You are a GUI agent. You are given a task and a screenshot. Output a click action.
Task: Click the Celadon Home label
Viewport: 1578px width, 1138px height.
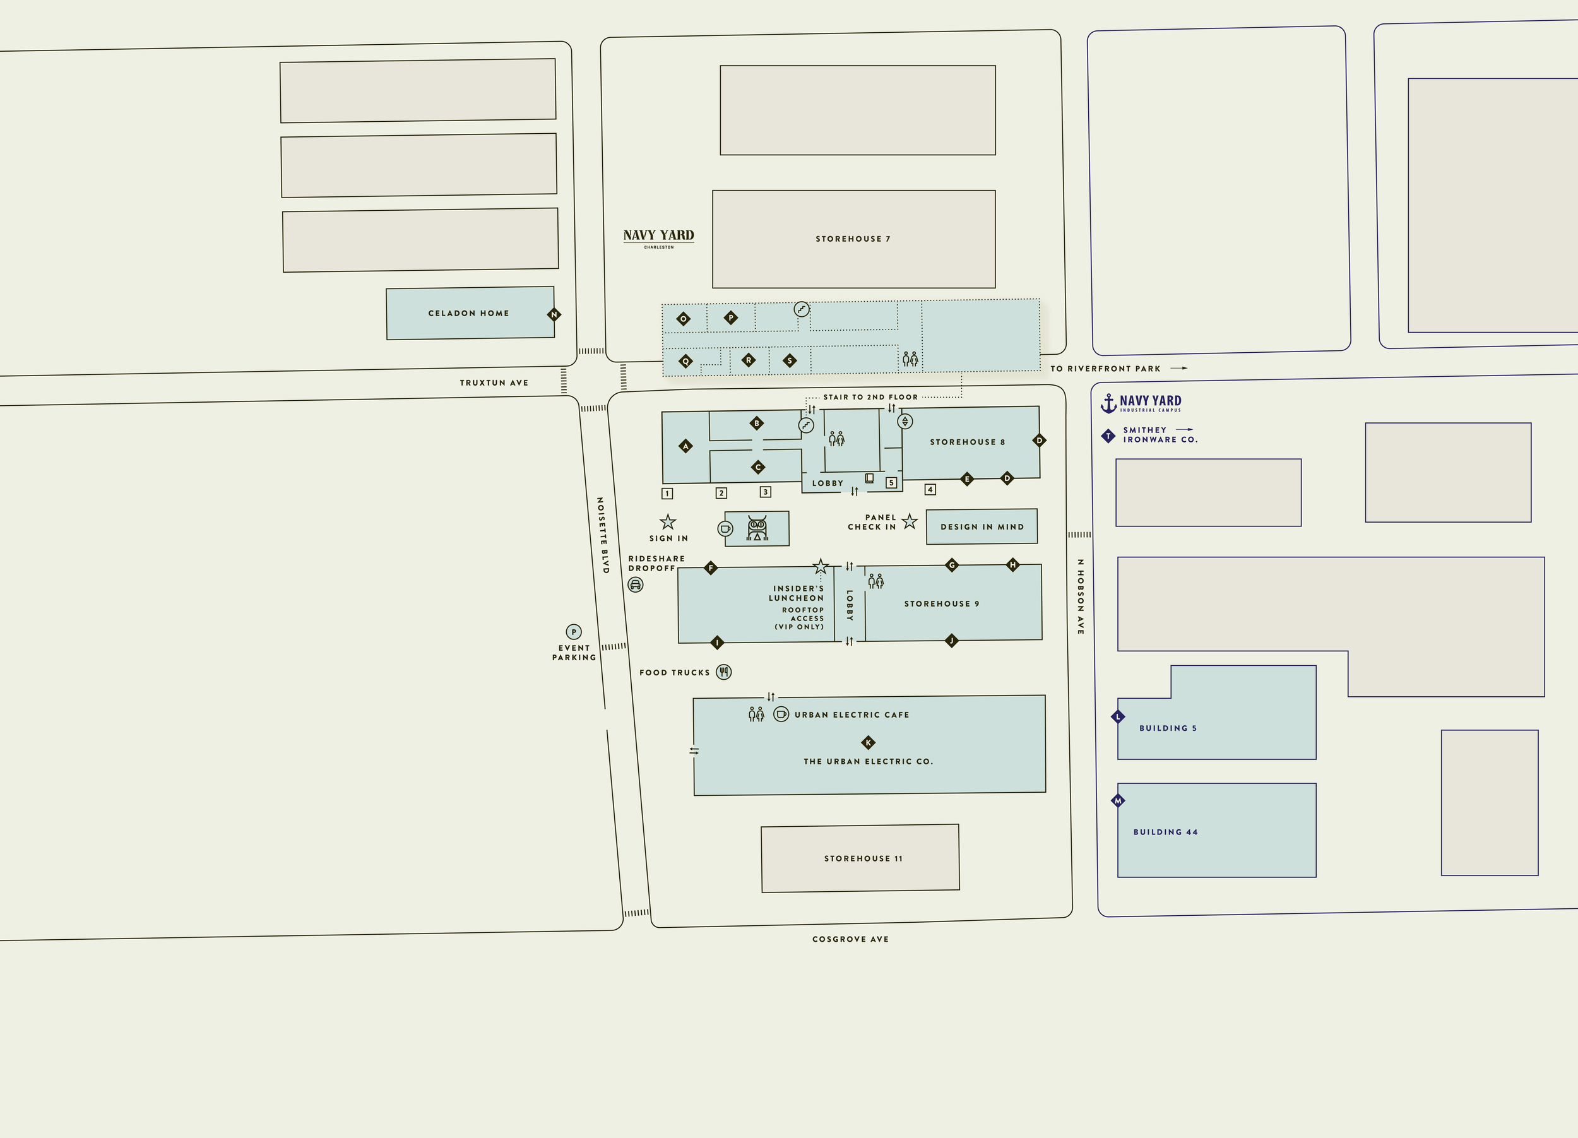tap(468, 314)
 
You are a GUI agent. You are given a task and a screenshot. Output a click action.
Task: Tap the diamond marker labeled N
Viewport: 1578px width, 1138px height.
tap(554, 314)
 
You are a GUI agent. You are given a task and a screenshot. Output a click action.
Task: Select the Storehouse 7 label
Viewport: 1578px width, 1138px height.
tap(852, 239)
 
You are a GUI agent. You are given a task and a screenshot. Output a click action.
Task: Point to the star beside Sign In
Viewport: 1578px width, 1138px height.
tap(668, 523)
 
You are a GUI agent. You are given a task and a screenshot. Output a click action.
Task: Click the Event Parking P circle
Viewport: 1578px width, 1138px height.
tap(573, 632)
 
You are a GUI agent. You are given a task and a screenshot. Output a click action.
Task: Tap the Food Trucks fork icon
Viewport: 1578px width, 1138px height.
tap(723, 672)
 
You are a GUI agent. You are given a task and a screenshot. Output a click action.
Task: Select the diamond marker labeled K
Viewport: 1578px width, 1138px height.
tap(868, 742)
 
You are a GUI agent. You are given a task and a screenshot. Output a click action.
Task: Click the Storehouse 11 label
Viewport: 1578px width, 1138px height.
tap(863, 858)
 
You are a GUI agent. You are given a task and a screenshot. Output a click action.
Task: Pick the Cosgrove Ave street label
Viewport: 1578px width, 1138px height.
tap(850, 939)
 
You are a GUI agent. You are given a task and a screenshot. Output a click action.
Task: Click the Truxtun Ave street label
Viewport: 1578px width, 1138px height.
tap(494, 382)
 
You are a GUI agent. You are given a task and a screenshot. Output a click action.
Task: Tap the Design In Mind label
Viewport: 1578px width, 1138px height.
tap(982, 527)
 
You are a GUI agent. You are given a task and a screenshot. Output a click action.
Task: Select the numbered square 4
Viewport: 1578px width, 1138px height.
tap(930, 490)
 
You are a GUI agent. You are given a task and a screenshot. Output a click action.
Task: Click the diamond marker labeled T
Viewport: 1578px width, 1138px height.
tap(1108, 436)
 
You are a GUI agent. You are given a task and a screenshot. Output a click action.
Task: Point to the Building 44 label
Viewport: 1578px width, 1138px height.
tap(1165, 832)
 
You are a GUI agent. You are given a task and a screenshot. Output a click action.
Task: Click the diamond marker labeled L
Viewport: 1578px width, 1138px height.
tap(1118, 716)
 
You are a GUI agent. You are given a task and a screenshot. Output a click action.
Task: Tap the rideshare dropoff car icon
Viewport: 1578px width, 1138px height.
tap(635, 585)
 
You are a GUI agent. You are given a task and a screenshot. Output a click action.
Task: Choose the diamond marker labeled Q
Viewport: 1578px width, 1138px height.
tap(686, 361)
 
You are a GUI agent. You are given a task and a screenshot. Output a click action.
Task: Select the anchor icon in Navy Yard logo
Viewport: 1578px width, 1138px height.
tap(1108, 403)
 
